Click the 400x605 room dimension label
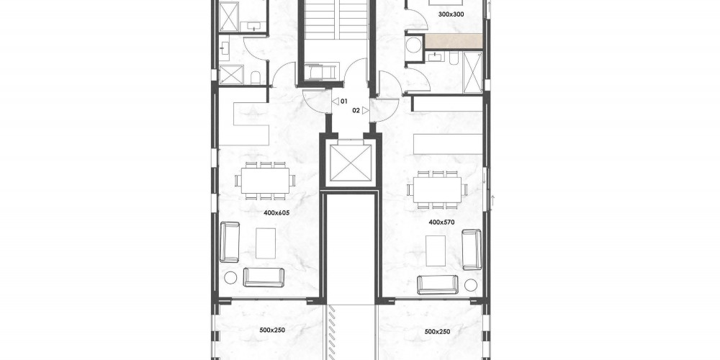(x=276, y=213)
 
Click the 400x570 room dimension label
(x=441, y=222)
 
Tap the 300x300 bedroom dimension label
(x=451, y=14)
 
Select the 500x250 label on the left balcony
(x=270, y=330)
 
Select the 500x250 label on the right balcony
(x=437, y=331)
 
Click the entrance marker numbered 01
(x=341, y=101)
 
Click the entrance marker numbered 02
(x=361, y=110)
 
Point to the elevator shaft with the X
(x=351, y=163)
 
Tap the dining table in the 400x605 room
(x=266, y=181)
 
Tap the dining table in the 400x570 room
(x=437, y=189)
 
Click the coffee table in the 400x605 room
(x=266, y=243)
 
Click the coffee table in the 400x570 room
(x=436, y=251)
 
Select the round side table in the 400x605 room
(x=230, y=277)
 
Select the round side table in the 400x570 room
(x=471, y=284)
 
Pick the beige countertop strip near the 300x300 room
(x=454, y=41)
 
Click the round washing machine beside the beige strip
(x=414, y=45)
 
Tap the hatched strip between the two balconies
(x=333, y=333)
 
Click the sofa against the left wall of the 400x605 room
(x=230, y=242)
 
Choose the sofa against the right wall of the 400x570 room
(x=472, y=249)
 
